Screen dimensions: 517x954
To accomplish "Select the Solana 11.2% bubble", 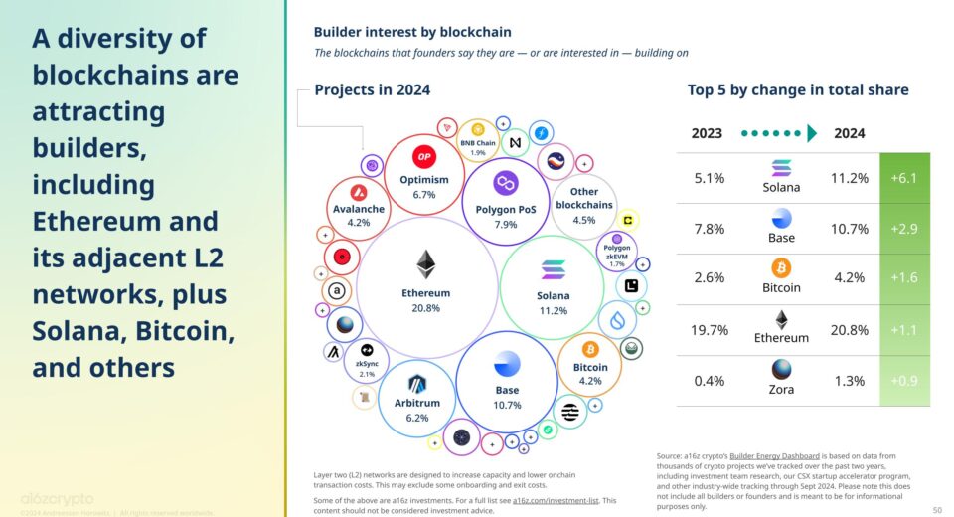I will [x=554, y=287].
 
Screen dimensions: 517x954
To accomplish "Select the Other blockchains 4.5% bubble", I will [x=583, y=205].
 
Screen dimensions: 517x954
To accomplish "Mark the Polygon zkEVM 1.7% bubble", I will [x=616, y=255].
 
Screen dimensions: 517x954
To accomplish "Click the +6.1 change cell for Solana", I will [x=904, y=178].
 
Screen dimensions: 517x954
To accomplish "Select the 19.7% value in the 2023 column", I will [x=710, y=330].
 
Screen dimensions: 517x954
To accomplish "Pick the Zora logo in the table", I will [x=781, y=370].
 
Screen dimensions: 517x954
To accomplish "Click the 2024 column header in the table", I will [x=849, y=133].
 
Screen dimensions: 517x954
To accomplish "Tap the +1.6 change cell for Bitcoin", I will [x=904, y=279].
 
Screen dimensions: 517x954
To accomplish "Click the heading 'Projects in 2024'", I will [x=372, y=89].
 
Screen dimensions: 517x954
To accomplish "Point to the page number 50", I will [x=936, y=509].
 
